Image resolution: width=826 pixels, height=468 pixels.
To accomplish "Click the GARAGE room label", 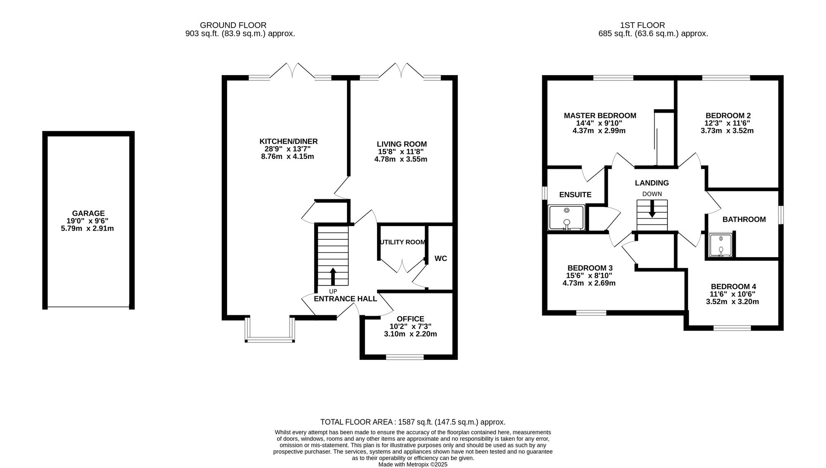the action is (88, 213).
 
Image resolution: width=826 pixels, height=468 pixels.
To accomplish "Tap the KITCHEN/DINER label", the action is (288, 142).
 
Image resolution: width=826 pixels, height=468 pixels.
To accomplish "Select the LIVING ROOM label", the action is (402, 144).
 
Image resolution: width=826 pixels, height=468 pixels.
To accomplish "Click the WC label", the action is (441, 259).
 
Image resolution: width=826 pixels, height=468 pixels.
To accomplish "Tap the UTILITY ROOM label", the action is (403, 242).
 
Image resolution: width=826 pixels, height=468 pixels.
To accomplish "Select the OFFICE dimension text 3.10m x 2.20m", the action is (411, 334).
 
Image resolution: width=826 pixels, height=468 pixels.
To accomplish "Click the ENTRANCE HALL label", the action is (345, 299).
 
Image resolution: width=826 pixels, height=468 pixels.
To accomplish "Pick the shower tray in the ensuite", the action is (566, 217).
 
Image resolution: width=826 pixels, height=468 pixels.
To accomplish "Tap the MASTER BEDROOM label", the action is (600, 116).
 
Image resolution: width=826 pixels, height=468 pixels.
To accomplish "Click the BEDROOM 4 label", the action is (733, 286).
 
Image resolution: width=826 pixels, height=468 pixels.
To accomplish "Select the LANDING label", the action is (652, 183).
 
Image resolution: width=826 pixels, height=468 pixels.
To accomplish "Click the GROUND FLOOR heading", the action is (233, 25).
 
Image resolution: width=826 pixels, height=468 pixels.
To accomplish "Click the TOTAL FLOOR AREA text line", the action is (413, 422).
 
